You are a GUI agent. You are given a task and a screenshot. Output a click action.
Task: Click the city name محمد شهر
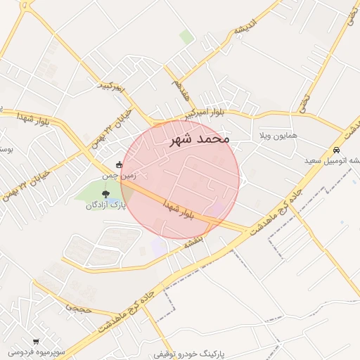(200, 139)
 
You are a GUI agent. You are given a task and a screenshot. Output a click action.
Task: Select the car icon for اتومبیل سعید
(337, 150)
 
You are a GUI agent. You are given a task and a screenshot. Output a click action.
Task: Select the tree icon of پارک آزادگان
(105, 193)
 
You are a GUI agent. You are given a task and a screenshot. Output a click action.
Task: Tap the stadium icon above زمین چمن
(119, 165)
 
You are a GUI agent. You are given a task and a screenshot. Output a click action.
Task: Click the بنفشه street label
(193, 242)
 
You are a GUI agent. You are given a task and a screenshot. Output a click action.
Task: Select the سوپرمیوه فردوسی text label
(37, 350)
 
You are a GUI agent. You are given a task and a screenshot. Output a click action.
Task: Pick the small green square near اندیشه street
(186, 36)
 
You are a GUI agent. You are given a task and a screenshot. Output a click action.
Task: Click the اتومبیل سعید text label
(331, 161)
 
